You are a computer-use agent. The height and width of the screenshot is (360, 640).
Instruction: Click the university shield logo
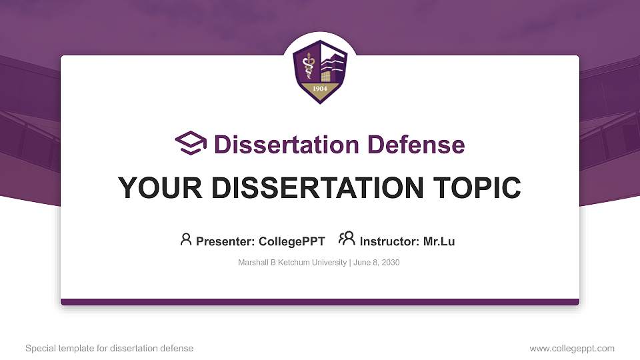[x=320, y=71]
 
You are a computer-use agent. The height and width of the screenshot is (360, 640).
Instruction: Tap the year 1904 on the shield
[x=320, y=89]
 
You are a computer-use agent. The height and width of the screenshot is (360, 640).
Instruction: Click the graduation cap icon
[x=191, y=143]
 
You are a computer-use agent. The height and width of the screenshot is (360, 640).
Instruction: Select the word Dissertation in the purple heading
[x=287, y=145]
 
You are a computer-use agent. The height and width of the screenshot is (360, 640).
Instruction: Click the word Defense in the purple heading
[x=416, y=145]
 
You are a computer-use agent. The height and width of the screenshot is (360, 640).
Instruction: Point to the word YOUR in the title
[x=160, y=188]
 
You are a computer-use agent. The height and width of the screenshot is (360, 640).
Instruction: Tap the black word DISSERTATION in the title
[x=317, y=188]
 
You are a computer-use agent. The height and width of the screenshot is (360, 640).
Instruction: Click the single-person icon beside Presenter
[x=186, y=239]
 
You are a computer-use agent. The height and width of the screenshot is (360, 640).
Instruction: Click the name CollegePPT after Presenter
[x=292, y=241]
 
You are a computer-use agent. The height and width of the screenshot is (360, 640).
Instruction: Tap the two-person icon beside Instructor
[x=347, y=239]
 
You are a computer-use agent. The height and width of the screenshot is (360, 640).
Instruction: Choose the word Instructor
[x=389, y=241]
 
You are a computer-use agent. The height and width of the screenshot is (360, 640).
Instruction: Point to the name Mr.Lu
[x=439, y=241]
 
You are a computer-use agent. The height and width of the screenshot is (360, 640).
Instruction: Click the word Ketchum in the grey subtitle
[x=292, y=263]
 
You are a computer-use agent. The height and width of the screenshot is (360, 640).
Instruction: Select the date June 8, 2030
[x=376, y=263]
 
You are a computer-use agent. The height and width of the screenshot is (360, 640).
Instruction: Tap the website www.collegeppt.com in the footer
[x=572, y=349]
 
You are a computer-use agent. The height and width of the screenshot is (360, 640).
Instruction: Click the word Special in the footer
[x=41, y=349]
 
